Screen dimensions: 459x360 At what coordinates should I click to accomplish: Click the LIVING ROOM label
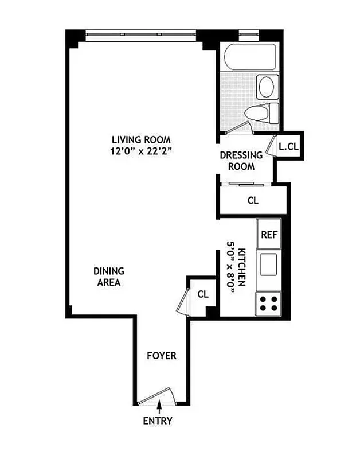(141, 139)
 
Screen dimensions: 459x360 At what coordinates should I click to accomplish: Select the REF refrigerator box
(269, 234)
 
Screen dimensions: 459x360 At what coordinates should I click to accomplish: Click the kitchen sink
(269, 264)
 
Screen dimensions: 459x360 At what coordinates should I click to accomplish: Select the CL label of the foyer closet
(203, 294)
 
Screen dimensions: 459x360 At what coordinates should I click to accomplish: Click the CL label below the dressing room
(252, 201)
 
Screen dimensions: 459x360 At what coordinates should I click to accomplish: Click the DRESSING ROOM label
(241, 161)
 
